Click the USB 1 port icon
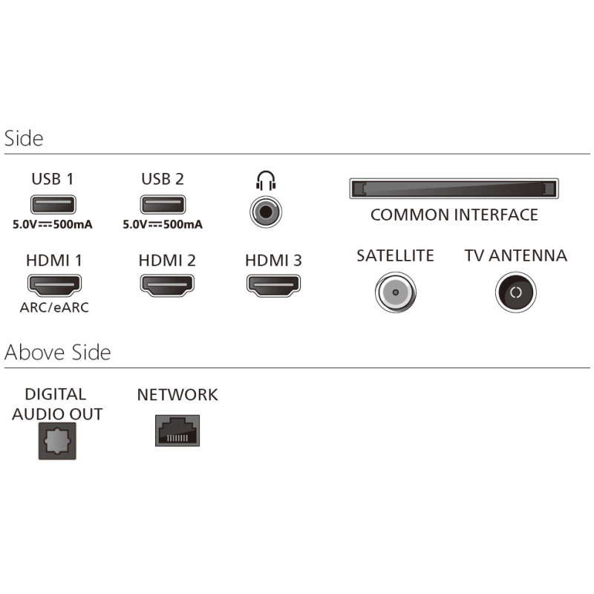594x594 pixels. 53,204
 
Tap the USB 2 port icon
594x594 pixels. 162,204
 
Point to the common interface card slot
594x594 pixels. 454,189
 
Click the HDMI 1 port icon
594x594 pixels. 54,283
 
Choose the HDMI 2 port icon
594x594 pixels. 167,283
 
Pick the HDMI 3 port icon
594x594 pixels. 273,283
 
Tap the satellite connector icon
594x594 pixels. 394,292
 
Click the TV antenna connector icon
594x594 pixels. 515,292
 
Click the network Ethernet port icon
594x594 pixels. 177,430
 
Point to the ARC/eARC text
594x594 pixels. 54,307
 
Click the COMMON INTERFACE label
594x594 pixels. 454,215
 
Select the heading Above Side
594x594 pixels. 58,352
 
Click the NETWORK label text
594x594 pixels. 177,394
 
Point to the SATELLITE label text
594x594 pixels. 395,256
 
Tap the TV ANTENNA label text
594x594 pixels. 515,256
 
